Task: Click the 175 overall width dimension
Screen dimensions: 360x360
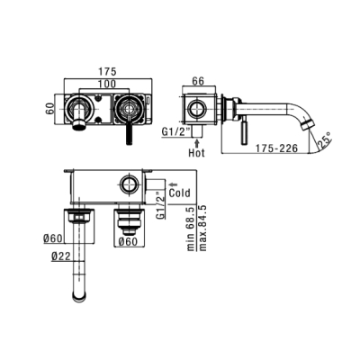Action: coord(108,72)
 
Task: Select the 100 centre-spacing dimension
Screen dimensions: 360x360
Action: coord(107,84)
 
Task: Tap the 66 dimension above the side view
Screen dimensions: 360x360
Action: coord(198,81)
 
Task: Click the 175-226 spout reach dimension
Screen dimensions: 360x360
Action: coord(276,148)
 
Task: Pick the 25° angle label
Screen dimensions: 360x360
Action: coord(325,140)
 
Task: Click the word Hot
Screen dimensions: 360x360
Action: coord(197,153)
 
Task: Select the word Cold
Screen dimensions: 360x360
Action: coord(179,193)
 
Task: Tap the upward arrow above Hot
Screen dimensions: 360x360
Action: coord(196,142)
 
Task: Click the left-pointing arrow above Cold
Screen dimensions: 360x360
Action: coord(174,184)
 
